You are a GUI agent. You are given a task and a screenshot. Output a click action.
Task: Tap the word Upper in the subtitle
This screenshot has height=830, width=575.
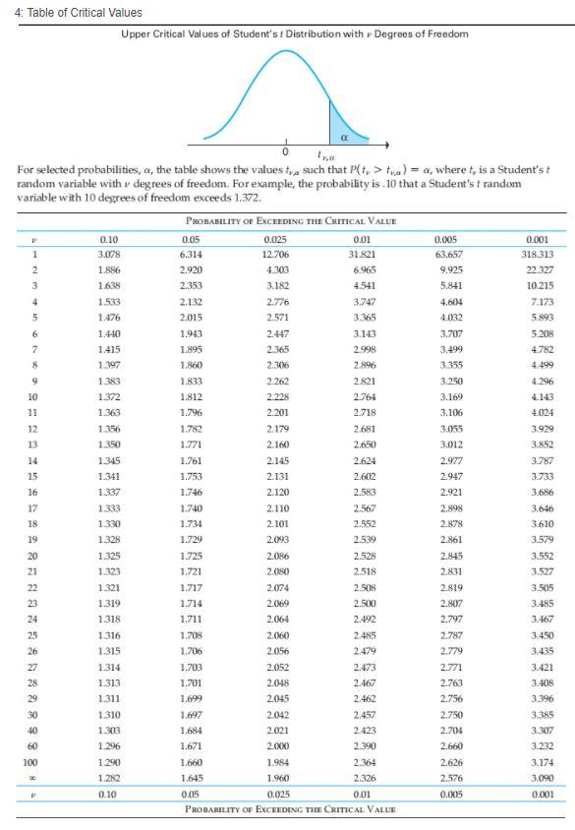point(139,33)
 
